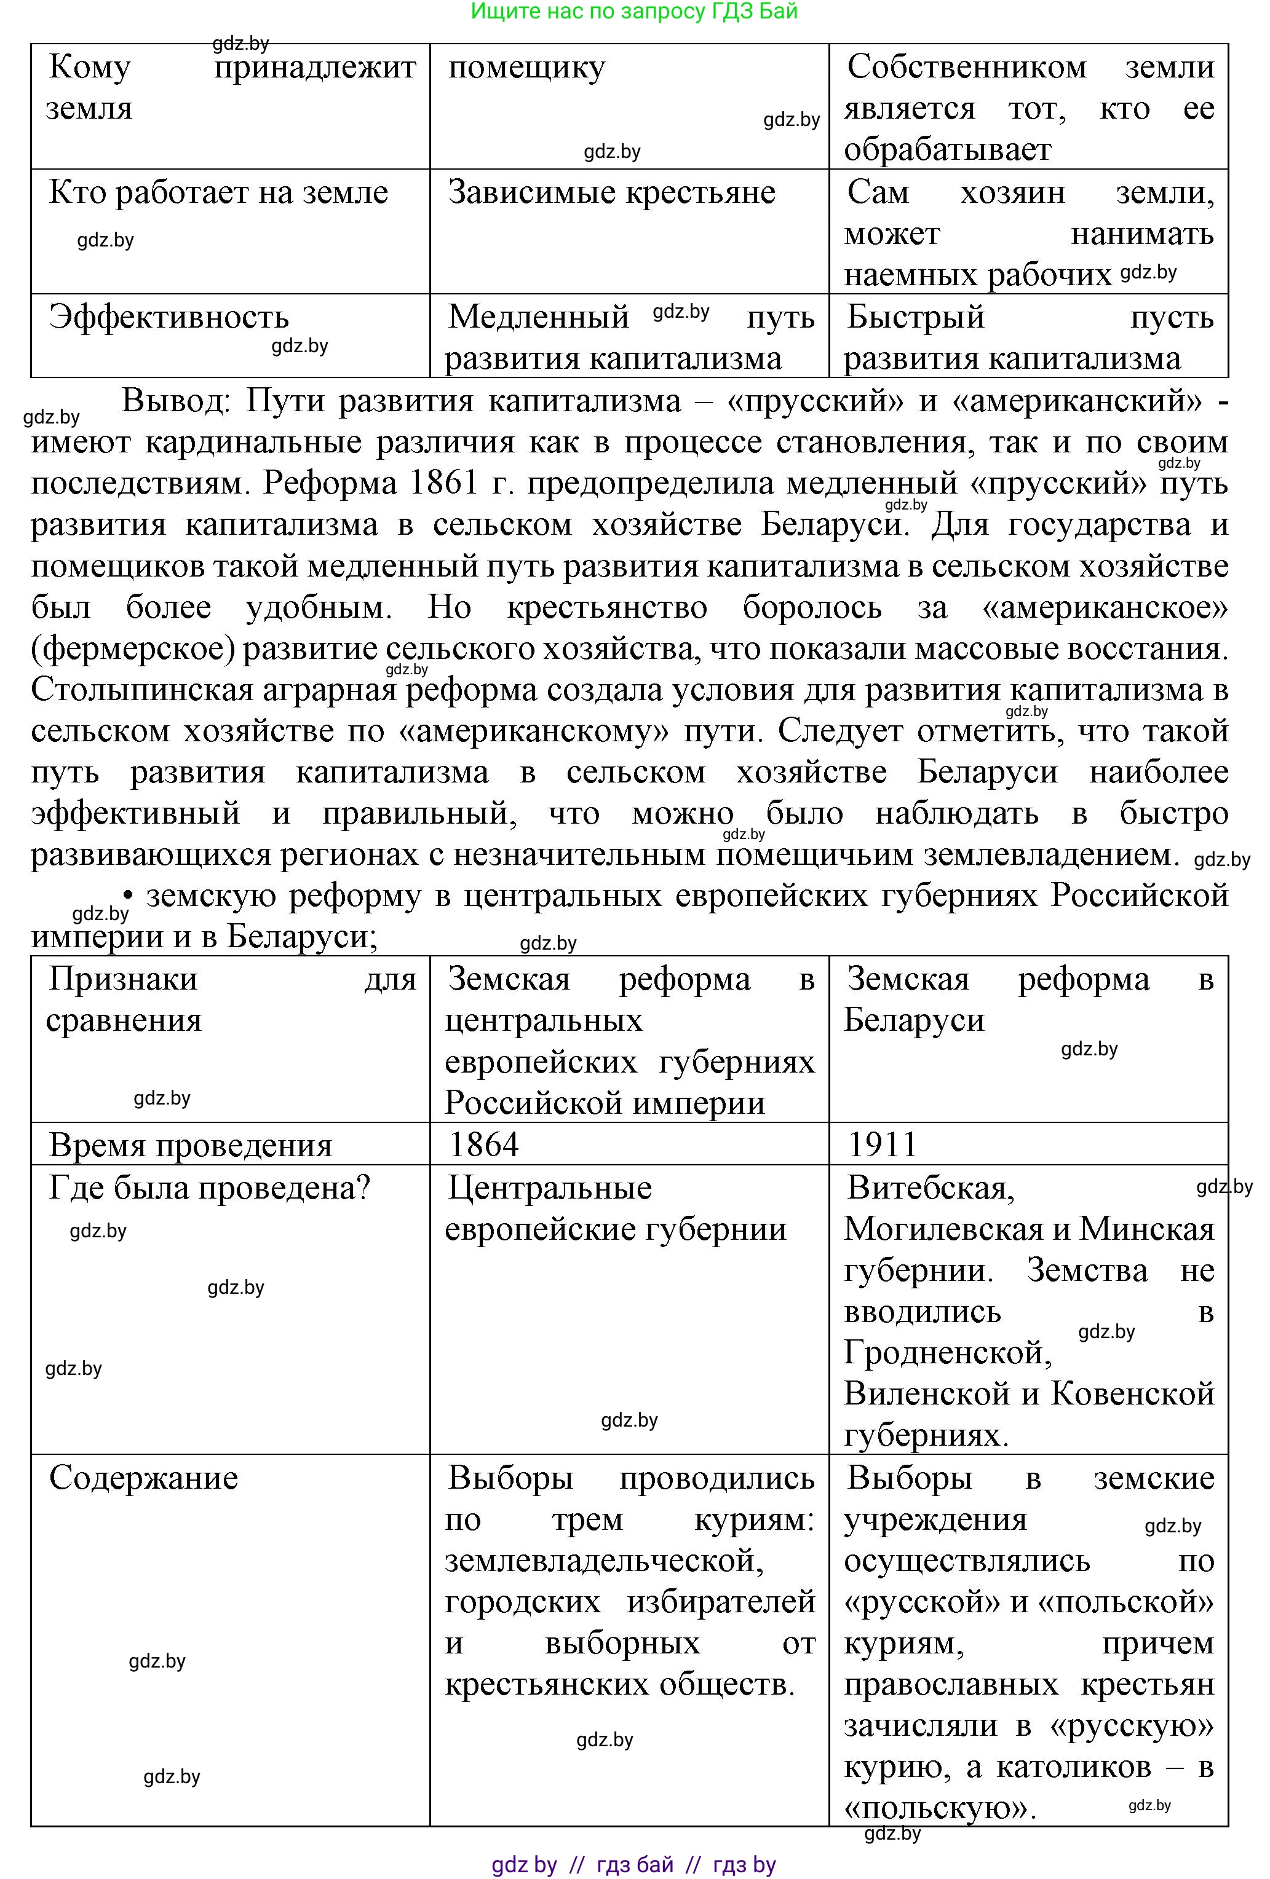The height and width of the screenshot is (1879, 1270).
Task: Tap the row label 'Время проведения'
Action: pos(190,1145)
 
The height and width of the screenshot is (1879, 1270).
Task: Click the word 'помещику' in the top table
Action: pos(526,68)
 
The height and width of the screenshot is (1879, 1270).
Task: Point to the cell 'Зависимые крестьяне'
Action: pos(611,192)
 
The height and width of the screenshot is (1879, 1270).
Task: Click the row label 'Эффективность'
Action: pos(169,317)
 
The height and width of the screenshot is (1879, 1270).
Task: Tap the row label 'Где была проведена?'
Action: pos(210,1188)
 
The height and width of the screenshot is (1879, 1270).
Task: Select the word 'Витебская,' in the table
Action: pos(931,1188)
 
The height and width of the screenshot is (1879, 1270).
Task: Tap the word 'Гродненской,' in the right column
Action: pos(947,1353)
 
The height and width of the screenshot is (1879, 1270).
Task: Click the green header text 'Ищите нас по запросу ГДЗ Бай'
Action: pos(634,11)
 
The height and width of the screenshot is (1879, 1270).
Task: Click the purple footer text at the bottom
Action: pos(634,1864)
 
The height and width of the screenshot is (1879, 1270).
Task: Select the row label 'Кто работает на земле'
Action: pos(218,192)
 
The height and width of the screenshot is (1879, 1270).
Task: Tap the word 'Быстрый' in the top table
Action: pos(916,317)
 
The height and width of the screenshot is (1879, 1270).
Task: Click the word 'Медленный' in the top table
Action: pos(539,317)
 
